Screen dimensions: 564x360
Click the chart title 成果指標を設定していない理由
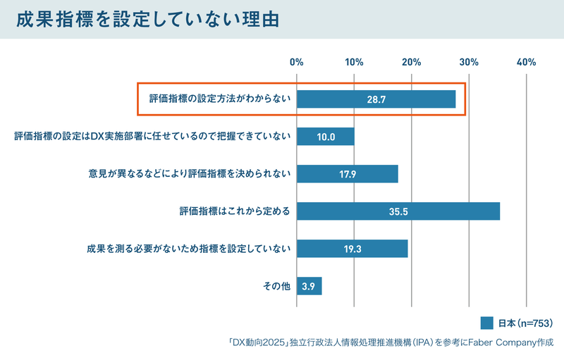[x=147, y=20]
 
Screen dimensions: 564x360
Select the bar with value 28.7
[x=376, y=99]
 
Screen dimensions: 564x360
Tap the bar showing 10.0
[x=326, y=137]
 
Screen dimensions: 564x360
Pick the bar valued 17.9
[x=348, y=174]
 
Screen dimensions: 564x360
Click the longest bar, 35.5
[x=398, y=211]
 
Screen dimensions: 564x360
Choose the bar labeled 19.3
[x=352, y=249]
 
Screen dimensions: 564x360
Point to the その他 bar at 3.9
[x=309, y=286]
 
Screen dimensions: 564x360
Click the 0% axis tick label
[x=297, y=62]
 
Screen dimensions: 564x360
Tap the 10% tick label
[x=355, y=62]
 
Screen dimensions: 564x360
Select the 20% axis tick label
[x=412, y=62]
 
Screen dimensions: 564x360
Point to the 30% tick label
[x=469, y=62]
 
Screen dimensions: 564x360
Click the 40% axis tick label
[x=526, y=62]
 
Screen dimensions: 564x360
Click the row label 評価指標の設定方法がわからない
[x=220, y=99]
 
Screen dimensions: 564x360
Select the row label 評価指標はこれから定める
[x=235, y=211]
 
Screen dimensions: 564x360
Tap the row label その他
[x=276, y=286]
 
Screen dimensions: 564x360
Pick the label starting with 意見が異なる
[x=190, y=174]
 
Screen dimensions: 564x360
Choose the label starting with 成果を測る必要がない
[x=188, y=249]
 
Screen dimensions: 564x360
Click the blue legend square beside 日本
[x=486, y=323]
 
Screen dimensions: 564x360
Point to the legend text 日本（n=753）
[x=525, y=323]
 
